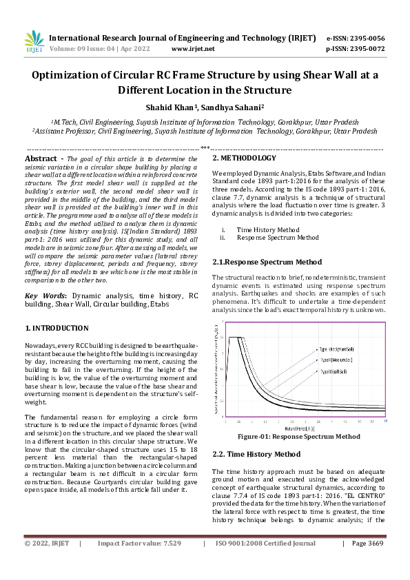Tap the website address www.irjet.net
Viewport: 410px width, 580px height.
(193, 49)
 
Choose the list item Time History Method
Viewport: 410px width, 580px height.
(267, 229)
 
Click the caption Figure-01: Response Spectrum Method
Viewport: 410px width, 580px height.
(298, 437)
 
